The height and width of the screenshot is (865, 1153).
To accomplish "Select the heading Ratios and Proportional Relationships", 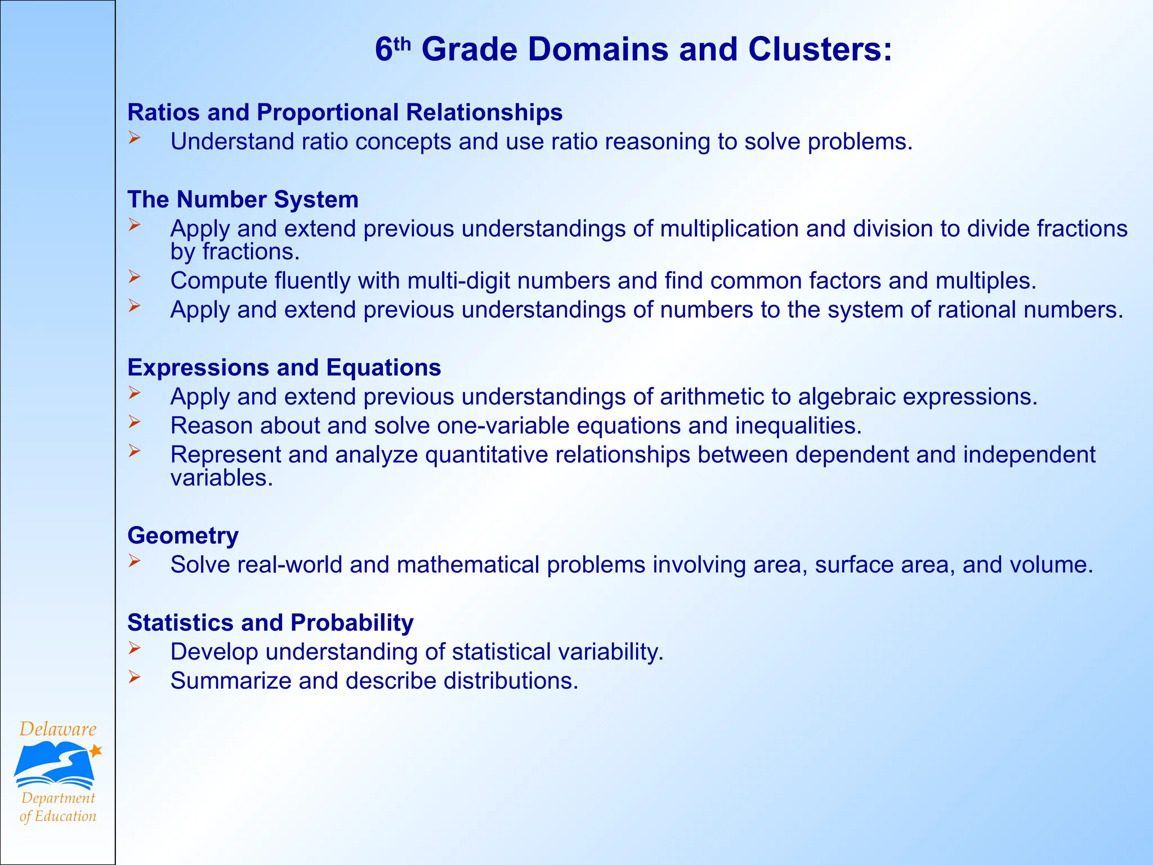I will click(345, 112).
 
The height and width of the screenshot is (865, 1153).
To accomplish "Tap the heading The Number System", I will click(243, 199).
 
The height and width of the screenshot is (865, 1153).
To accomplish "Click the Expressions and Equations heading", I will click(284, 367).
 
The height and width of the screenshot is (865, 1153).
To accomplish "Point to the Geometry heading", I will click(183, 535).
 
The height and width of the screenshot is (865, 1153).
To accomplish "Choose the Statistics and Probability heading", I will click(270, 622).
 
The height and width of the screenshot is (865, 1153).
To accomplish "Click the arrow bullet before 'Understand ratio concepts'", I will click(134, 137).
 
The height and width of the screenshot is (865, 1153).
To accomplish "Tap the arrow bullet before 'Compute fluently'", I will click(134, 277).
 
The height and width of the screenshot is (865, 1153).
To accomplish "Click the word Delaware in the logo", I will click(58, 729).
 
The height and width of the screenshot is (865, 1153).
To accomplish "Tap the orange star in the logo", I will click(96, 750).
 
